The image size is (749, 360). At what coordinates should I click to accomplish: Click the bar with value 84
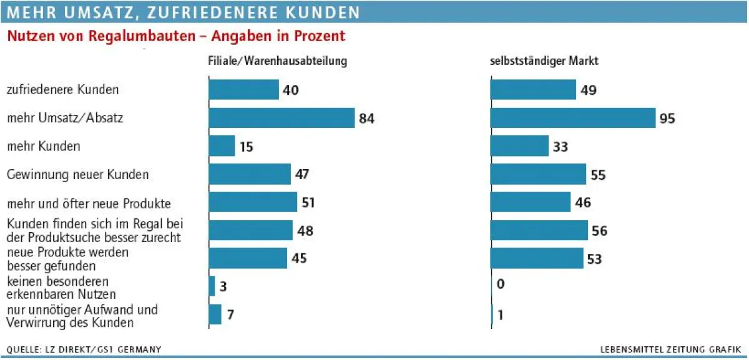281,118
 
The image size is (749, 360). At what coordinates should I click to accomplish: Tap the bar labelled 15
222,146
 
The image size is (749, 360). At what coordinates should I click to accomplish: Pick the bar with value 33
519,146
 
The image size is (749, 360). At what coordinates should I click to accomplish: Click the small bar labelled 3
212,286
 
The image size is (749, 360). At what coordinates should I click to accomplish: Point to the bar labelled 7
215,314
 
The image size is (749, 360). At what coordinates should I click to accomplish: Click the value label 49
589,90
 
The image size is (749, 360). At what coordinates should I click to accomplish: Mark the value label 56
599,231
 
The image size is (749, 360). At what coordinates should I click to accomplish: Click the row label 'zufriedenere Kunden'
62,90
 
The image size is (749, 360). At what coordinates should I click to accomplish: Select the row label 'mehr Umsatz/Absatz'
65,117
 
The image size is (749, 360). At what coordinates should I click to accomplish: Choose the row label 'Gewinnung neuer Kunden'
77,174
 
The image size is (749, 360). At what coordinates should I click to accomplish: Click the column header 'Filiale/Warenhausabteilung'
277,62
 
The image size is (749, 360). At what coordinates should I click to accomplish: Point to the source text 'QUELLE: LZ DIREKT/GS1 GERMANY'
84,349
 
